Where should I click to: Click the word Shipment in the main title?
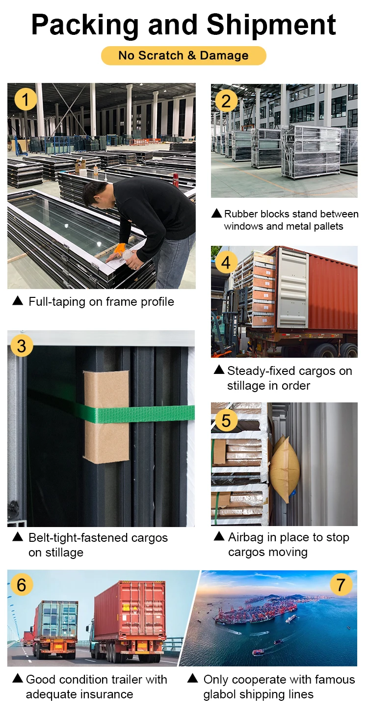(271, 25)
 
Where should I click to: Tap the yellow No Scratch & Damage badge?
(184, 55)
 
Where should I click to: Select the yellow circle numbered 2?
(226, 101)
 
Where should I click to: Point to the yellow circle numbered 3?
(22, 346)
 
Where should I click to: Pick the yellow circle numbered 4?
(226, 263)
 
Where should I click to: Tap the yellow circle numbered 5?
(226, 420)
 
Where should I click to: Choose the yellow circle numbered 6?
(22, 585)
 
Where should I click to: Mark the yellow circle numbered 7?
(341, 585)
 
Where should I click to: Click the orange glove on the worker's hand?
(119, 249)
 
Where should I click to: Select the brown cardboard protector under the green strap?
(106, 416)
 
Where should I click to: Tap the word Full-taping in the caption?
(57, 302)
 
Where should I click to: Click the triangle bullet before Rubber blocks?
(216, 213)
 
